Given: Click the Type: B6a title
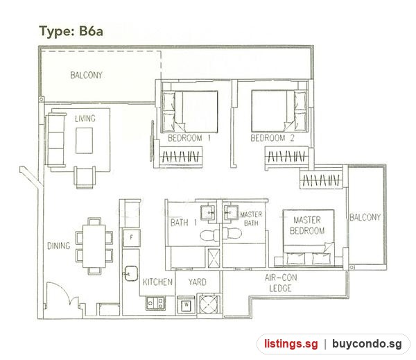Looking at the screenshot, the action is (71, 31).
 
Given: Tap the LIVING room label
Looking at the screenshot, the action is (85, 119).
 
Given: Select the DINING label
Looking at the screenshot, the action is (59, 246).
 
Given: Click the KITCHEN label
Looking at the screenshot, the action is (157, 282).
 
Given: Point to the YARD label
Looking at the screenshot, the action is (198, 282).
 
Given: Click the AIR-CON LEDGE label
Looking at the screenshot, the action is (281, 283).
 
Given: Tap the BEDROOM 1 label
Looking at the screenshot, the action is (189, 138).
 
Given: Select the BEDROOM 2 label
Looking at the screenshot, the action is (272, 138).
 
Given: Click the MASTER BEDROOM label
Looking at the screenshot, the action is (307, 225).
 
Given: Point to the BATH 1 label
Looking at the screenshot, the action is (184, 222).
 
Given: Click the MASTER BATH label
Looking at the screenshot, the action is (251, 218).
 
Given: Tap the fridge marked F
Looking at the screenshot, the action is (131, 238).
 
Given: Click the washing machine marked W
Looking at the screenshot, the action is (187, 305).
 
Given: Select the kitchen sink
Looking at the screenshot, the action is (130, 273).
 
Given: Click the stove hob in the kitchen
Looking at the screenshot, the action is (155, 303).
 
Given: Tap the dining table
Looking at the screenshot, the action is (94, 246).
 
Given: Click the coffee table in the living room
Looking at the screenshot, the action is (85, 140).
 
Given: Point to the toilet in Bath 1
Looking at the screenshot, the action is (209, 235).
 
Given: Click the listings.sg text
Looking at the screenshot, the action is (291, 344).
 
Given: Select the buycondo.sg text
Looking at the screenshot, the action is (367, 344).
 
